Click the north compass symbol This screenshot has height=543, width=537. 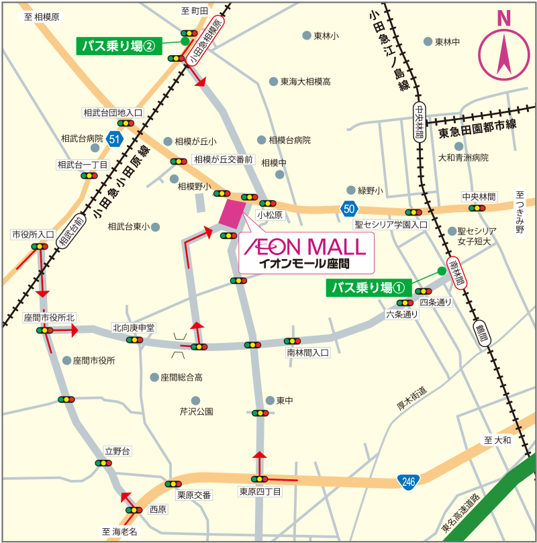pos(503,50)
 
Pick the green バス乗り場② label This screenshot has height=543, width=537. pos(119,46)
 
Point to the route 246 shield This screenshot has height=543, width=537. pos(408,481)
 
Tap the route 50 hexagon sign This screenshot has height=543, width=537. pos(348,208)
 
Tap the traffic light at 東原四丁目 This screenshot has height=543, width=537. pos(260,479)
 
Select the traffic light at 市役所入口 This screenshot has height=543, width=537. pos(38,246)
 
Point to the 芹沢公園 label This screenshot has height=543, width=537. pos(196,411)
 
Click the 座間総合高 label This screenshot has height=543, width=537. pos(181,378)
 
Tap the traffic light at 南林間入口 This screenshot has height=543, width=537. pos(291,341)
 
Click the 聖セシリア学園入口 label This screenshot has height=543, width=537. pos(391,225)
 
